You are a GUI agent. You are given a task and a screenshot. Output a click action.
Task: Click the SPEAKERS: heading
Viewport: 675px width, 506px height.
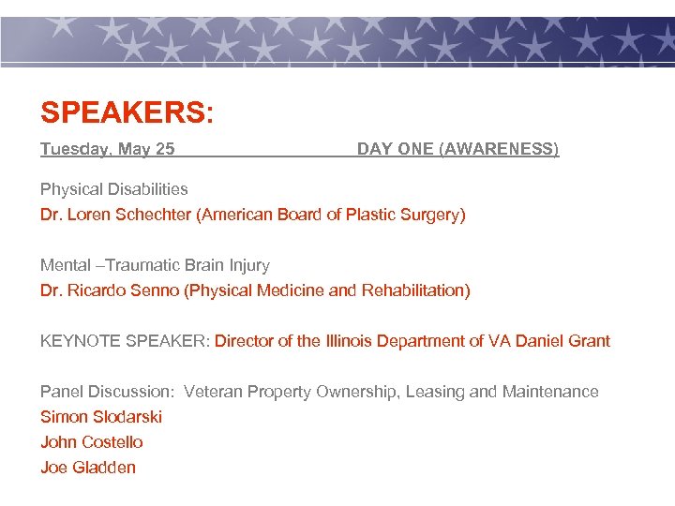[127, 113]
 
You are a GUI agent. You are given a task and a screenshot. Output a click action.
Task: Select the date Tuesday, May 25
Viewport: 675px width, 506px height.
[107, 149]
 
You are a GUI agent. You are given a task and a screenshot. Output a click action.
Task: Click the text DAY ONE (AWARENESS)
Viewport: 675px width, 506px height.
[457, 149]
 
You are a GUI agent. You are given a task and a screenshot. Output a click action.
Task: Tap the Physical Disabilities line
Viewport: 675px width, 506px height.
[113, 189]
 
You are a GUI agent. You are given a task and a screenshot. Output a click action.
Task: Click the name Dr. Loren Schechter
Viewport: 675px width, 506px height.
[115, 215]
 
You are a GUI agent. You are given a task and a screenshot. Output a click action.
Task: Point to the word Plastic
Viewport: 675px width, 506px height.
[368, 215]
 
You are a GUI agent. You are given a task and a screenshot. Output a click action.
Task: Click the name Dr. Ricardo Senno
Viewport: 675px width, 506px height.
[112, 290]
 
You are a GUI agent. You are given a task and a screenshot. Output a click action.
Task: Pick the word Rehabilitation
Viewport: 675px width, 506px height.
[412, 290]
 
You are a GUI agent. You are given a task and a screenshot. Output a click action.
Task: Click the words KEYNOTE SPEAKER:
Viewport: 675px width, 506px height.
[125, 341]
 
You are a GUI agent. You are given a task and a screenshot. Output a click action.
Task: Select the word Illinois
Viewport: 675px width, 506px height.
[359, 341]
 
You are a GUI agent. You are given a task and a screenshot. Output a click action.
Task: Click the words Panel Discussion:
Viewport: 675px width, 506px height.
[107, 392]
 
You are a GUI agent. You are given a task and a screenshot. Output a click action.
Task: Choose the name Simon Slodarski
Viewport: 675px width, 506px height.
[101, 417]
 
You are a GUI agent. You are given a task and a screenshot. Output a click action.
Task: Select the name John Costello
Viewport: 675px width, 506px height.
[92, 442]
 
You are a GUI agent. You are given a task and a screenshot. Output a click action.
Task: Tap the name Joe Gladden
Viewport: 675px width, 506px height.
[88, 468]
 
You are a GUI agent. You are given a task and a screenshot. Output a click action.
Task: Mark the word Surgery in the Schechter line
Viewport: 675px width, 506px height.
[430, 215]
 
